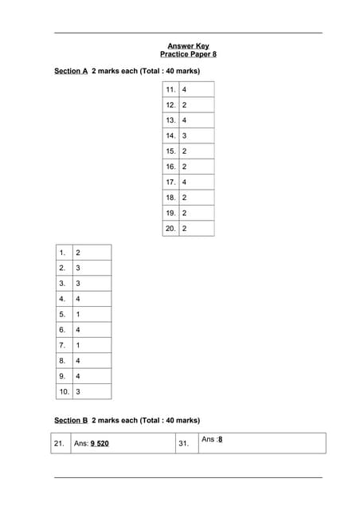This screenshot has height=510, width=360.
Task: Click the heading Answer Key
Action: pos(188,45)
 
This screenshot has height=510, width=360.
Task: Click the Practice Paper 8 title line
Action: pos(188,54)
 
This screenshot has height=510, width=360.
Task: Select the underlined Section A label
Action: pos(71,72)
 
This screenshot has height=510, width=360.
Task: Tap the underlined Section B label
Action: pos(71,420)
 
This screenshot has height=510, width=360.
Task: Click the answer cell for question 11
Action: pos(196,90)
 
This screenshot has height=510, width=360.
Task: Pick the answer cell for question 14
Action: pos(196,136)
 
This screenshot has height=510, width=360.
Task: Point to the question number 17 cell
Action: pos(170,182)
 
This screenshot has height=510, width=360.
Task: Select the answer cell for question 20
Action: pos(196,229)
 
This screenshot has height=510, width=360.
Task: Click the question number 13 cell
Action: pos(170,120)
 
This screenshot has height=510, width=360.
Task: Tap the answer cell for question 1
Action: pos(91,253)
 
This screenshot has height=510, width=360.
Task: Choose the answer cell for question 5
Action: pos(91,314)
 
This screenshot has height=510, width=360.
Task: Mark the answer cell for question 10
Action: pos(91,392)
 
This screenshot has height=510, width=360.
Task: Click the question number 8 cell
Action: pos(63,361)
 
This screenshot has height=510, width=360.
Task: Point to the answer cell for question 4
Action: pos(91,299)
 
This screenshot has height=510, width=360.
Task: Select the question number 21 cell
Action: pos(59,443)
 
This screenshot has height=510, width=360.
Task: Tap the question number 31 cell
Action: pos(184,443)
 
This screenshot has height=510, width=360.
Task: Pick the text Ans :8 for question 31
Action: pos(212,439)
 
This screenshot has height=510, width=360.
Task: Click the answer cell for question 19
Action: pos(196,214)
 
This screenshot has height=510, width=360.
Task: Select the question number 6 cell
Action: pos(63,330)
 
